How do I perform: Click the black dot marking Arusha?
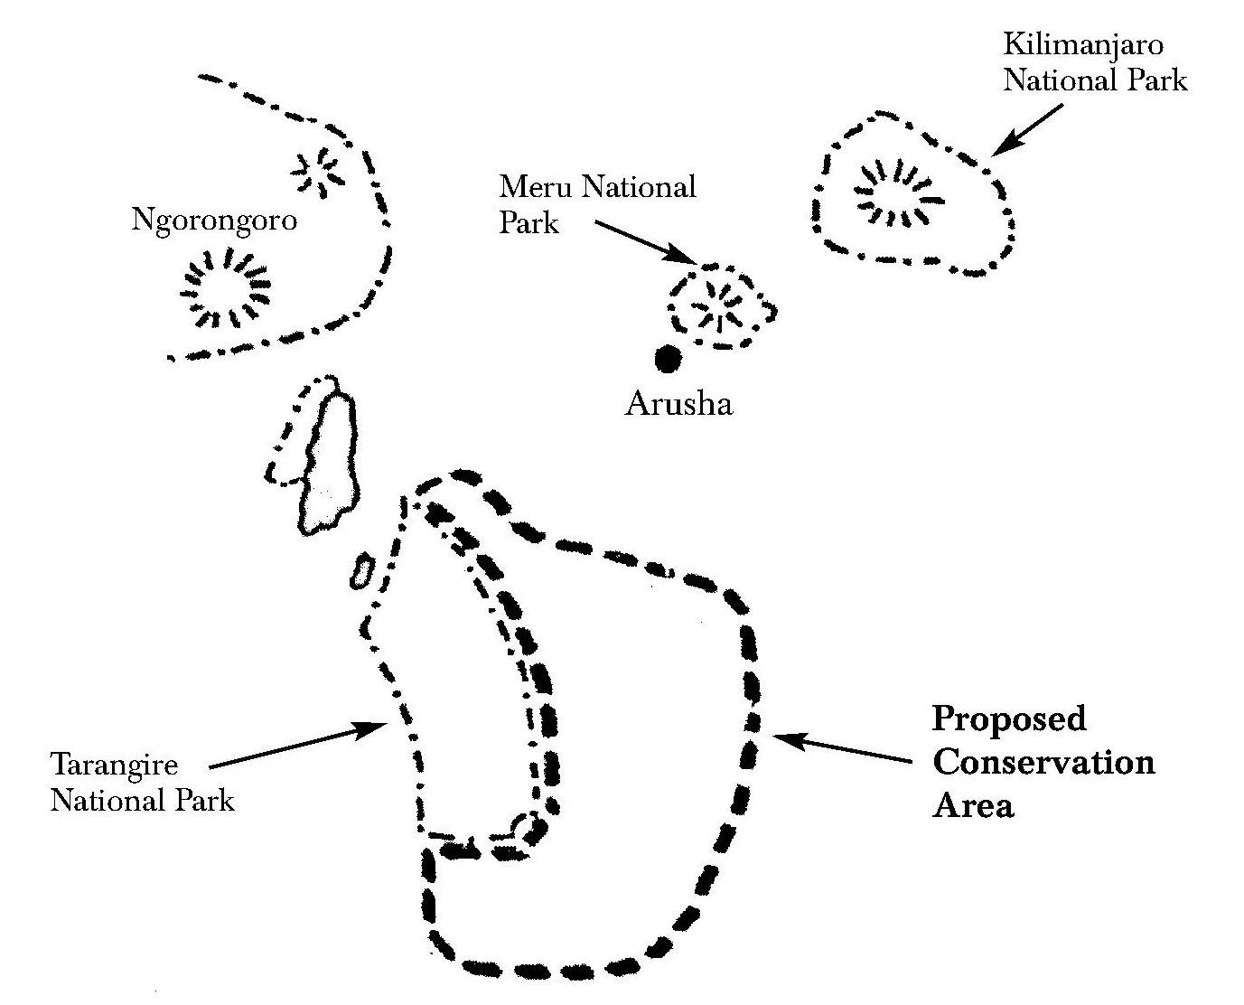(x=668, y=358)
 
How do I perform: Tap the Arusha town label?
(x=678, y=404)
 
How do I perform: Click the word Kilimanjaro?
(x=1083, y=45)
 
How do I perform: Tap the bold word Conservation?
(x=1043, y=763)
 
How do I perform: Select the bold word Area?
(x=973, y=806)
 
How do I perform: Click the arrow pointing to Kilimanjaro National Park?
(x=1027, y=130)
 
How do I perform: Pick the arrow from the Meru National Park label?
(x=645, y=242)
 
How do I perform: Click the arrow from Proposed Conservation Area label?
(x=842, y=748)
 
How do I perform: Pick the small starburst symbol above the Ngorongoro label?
(x=318, y=172)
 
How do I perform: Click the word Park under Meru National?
(x=529, y=222)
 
